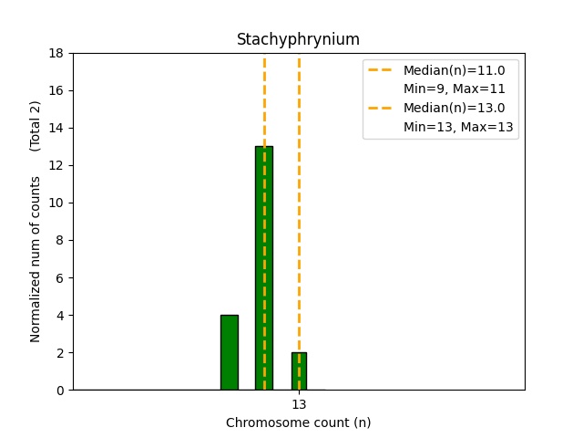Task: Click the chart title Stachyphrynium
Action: tap(298, 39)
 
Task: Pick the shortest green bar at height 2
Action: tap(299, 371)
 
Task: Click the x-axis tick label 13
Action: tap(299, 404)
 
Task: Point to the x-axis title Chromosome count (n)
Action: tap(298, 422)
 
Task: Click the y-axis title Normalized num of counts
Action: tap(36, 259)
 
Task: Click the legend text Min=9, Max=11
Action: tap(454, 89)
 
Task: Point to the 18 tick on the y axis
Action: tap(56, 53)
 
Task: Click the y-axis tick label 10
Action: tap(56, 203)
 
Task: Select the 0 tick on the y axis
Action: tap(60, 390)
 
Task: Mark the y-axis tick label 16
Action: tap(56, 90)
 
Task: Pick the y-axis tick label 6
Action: tap(60, 277)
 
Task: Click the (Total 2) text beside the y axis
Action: tap(36, 126)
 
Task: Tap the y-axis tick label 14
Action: tap(56, 128)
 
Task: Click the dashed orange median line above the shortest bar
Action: tap(299, 182)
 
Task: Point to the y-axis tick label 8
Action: tap(60, 240)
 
